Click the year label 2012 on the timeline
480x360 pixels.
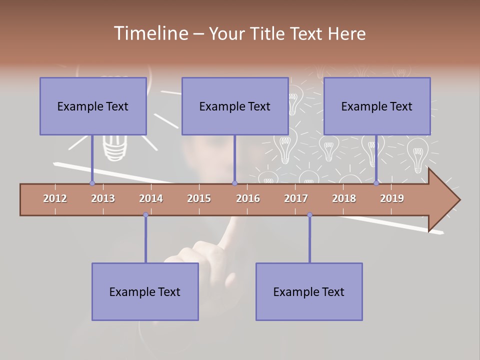[x=55, y=198]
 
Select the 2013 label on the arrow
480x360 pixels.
[x=103, y=198]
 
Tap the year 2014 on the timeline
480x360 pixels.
[x=151, y=198]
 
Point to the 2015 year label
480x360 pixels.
[x=199, y=198]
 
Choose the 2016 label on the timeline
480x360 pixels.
[x=248, y=198]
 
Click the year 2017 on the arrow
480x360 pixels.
[x=296, y=198]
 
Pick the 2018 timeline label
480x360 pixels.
[x=344, y=198]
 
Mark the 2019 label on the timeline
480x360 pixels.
[x=392, y=198]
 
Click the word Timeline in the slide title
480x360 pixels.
[x=150, y=33]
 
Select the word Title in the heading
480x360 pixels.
[x=270, y=34]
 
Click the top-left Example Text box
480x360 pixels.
[x=93, y=106]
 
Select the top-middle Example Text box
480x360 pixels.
[x=235, y=106]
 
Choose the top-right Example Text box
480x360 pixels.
[x=377, y=106]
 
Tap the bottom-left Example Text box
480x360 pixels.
[x=145, y=291]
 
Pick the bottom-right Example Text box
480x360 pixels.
[x=309, y=291]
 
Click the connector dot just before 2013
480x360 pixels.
[x=92, y=183]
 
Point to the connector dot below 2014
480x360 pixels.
[x=145, y=215]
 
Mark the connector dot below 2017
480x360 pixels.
[x=309, y=215]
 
